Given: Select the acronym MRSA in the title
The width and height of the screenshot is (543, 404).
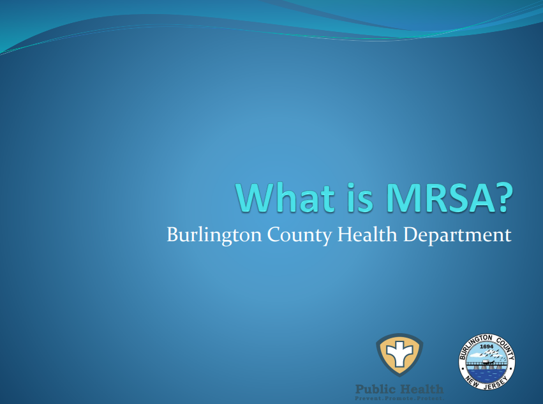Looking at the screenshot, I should [434, 198].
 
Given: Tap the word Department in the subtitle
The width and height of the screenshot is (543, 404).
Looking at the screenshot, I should [457, 235].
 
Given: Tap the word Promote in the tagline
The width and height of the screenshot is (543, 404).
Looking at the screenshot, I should [398, 398].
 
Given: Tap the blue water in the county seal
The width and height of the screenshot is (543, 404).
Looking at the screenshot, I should [487, 370].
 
